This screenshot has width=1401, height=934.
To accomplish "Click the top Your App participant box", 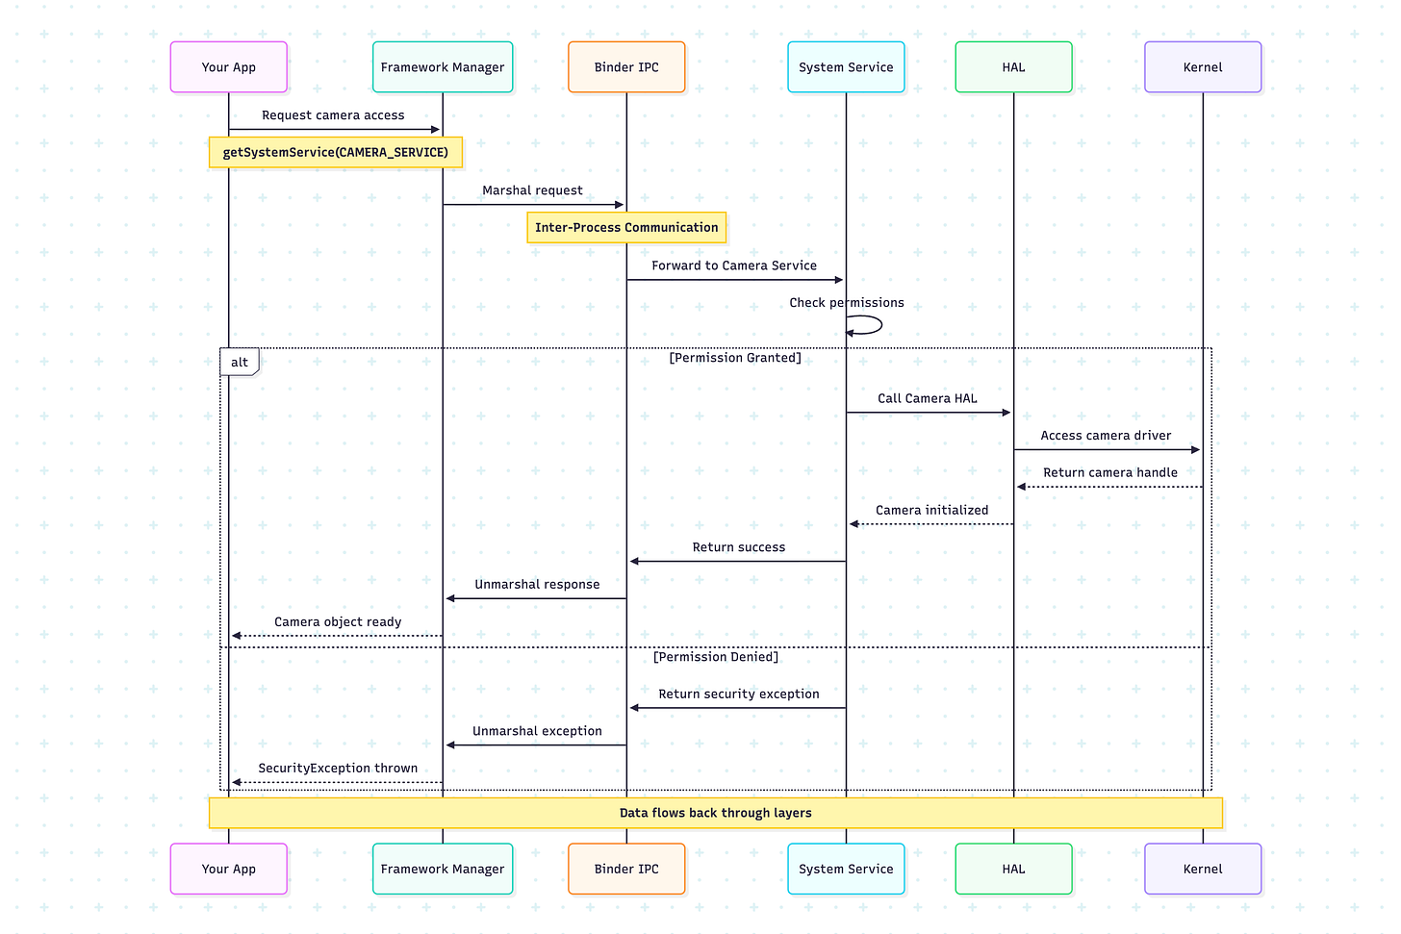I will (x=229, y=67).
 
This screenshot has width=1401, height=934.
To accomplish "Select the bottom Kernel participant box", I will (x=1202, y=869).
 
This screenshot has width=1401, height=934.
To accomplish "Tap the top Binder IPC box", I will (x=626, y=67).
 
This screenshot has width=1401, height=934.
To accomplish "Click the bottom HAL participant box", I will (x=1013, y=869).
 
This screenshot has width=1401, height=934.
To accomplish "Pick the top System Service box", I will (x=846, y=67).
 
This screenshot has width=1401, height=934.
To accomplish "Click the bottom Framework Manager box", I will (x=443, y=869).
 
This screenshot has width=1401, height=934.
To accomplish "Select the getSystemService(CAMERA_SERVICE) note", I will (x=336, y=153).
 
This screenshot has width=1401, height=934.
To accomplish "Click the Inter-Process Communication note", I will (x=626, y=228).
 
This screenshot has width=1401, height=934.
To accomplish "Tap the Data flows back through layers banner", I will (x=715, y=813).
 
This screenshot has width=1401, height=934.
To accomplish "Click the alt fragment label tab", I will (x=240, y=363).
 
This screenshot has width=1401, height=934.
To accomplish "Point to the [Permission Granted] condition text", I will (x=735, y=358).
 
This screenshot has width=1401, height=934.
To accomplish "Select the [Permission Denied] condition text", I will (x=716, y=657).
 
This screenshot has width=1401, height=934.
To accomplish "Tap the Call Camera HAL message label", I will (x=928, y=398).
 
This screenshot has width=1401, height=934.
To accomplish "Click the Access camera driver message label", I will (x=1106, y=436).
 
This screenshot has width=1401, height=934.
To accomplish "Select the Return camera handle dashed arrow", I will (x=1108, y=487).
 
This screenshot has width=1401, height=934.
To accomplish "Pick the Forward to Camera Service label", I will (x=734, y=265).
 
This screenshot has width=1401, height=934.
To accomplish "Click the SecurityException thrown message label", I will (x=338, y=769).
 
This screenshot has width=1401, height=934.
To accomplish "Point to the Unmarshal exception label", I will (x=537, y=731).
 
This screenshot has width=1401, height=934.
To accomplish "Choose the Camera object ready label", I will (x=338, y=622).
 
